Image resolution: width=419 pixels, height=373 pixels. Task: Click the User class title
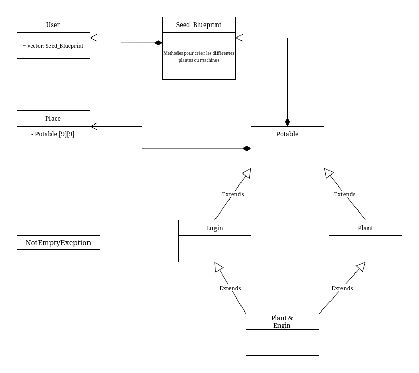tap(53, 24)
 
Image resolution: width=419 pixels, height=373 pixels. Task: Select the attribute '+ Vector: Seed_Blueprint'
tap(53, 46)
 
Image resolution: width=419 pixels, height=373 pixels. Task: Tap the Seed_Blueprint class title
tap(199, 24)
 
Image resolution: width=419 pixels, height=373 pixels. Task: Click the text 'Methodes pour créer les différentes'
tap(199, 53)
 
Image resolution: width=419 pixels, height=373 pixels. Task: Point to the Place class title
tap(53, 118)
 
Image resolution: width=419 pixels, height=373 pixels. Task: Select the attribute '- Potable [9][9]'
tap(53, 134)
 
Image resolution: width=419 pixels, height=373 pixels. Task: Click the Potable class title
tap(287, 134)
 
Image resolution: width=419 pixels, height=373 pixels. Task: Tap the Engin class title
tap(214, 228)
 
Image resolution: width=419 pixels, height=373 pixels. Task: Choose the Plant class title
tap(365, 228)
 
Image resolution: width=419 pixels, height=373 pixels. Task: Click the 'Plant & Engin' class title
tap(282, 321)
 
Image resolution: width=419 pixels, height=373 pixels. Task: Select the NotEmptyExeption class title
tap(58, 243)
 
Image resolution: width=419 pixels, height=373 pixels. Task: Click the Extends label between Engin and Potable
tap(233, 194)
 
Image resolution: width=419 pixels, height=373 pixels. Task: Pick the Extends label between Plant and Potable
tap(345, 194)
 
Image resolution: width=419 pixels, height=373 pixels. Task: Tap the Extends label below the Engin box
tap(230, 288)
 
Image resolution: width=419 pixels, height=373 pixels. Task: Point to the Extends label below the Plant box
tap(342, 288)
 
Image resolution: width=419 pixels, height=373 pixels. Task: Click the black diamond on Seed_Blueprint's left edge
tap(158, 43)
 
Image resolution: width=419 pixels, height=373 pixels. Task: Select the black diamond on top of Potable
tap(287, 122)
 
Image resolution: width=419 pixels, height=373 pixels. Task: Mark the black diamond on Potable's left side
tap(246, 148)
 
